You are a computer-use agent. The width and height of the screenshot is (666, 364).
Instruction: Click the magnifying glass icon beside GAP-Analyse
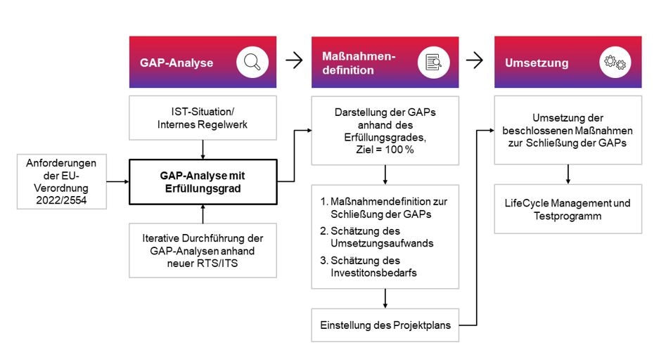tap(251, 63)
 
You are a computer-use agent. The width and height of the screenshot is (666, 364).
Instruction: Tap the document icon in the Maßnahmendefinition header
tap(433, 63)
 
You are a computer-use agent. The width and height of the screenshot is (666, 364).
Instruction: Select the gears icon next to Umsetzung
tap(615, 63)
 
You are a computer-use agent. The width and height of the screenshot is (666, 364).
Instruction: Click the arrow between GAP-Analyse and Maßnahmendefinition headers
tap(294, 61)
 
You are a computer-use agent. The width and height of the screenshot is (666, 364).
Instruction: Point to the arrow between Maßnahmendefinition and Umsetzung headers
tap(475, 61)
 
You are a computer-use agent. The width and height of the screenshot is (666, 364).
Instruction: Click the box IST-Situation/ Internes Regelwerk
tap(203, 118)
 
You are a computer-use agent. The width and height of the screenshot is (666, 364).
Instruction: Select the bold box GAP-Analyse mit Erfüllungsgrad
tap(203, 182)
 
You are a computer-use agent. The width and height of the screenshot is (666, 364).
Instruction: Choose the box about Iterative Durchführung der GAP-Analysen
tap(203, 249)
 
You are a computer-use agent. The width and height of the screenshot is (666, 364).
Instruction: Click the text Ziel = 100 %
tap(385, 150)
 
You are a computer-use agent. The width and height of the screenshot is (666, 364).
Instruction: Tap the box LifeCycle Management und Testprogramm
tap(568, 209)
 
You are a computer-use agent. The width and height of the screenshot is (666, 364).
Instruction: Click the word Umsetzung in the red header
tap(537, 63)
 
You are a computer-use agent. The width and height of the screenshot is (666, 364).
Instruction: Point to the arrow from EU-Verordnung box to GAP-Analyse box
tap(118, 181)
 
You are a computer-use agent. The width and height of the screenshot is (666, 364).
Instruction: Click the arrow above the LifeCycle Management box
tap(568, 174)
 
